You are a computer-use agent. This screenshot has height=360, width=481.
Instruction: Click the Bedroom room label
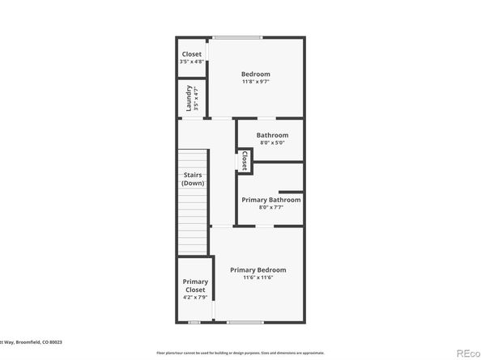tap(255, 74)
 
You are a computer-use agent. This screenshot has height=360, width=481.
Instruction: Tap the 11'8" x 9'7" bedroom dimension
tap(255, 82)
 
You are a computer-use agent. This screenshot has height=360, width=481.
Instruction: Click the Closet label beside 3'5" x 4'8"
tap(192, 54)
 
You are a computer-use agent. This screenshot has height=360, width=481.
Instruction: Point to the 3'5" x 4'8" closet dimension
tap(192, 61)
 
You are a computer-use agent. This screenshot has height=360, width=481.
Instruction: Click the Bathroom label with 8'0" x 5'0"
tap(272, 135)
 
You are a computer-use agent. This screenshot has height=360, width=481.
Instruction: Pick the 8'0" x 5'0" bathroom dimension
tap(272, 143)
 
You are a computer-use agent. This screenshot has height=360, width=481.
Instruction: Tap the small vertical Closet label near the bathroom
tap(244, 161)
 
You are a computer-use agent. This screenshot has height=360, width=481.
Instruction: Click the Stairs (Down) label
tap(193, 179)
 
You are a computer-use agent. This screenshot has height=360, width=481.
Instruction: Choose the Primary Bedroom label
tap(258, 269)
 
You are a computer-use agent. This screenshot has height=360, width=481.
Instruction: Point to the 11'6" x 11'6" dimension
tap(258, 277)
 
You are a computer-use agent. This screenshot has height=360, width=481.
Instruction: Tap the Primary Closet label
tap(195, 286)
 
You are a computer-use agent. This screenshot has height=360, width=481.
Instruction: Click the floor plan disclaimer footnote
tap(240, 353)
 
